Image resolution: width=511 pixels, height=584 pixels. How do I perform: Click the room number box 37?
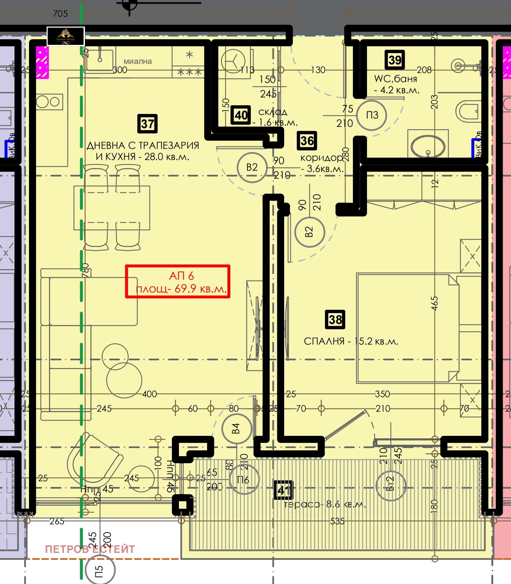(147, 124)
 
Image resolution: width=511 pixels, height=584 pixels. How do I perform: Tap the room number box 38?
(335, 319)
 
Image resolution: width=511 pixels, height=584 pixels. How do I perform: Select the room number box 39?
(395, 60)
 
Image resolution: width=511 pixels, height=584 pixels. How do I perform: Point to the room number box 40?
(241, 115)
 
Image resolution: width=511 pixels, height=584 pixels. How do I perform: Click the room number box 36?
(307, 140)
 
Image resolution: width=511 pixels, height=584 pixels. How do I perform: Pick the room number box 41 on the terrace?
(283, 490)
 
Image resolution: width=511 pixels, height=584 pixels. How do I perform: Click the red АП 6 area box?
(177, 281)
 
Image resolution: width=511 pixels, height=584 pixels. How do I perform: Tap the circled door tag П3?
(372, 115)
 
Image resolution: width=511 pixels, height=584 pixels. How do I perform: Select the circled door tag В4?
(236, 429)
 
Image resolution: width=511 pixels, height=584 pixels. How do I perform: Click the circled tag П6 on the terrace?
(244, 479)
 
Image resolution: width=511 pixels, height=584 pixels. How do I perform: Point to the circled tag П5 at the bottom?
(100, 571)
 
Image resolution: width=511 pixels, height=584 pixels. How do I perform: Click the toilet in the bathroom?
(467, 111)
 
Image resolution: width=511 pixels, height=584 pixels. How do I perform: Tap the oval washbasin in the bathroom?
(427, 146)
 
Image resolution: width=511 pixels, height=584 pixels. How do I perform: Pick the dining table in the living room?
(112, 208)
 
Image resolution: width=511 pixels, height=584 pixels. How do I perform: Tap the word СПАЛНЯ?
(324, 341)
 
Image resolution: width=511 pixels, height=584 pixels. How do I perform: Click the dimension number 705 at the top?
(60, 14)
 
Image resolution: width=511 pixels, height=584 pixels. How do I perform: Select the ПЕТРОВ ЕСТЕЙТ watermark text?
(90, 549)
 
